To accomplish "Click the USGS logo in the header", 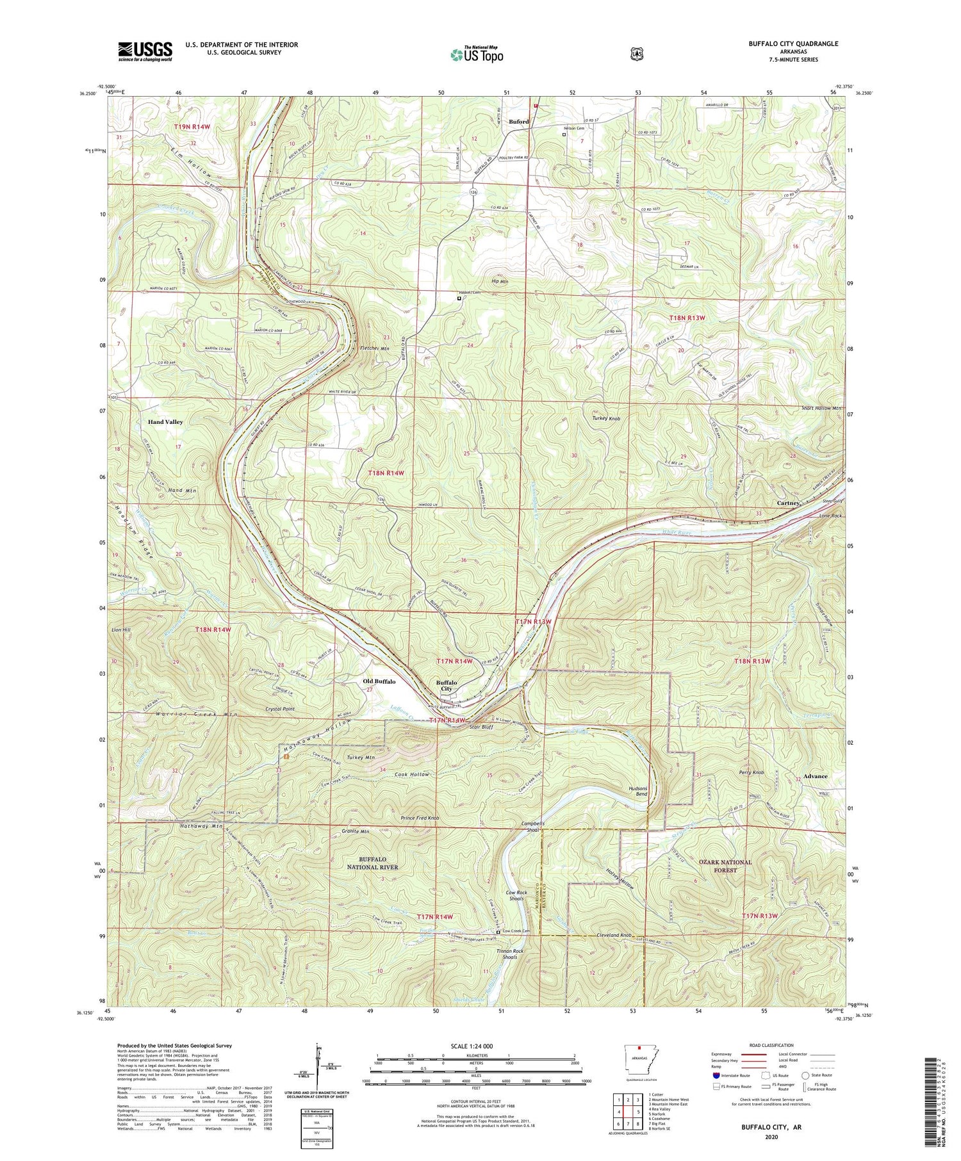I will [x=145, y=51].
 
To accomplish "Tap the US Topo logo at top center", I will [x=477, y=54].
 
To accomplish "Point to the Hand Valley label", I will [x=165, y=422].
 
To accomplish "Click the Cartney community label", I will [x=787, y=503].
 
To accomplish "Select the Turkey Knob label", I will [x=605, y=418].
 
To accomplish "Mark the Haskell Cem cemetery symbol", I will [x=459, y=298].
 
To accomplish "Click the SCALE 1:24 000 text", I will [x=475, y=1046].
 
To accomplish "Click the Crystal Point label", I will [x=280, y=710].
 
